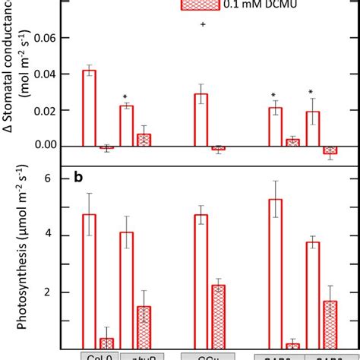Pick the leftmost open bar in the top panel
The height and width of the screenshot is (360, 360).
click(x=89, y=107)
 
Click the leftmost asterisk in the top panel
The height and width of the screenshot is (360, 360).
click(x=125, y=97)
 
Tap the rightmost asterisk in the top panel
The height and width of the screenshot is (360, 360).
click(x=311, y=93)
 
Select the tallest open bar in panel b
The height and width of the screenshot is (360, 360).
click(x=275, y=273)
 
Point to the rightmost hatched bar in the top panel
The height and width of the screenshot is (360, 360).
click(x=330, y=150)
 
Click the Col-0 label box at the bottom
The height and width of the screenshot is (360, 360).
click(x=97, y=355)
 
